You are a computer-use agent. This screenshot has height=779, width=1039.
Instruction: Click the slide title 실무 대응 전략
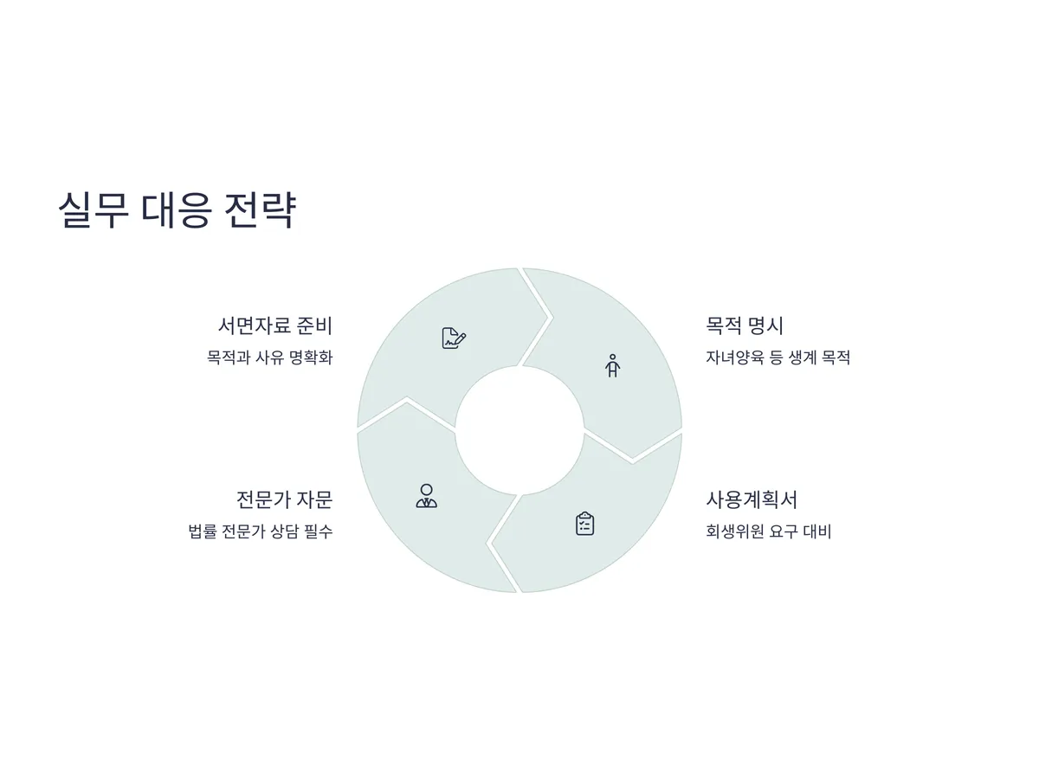coord(177,210)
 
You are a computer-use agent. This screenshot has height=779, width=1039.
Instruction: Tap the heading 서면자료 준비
coord(274,326)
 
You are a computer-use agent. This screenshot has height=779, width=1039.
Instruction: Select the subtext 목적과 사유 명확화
coord(269,357)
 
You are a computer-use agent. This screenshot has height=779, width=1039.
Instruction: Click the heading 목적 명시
coord(745,326)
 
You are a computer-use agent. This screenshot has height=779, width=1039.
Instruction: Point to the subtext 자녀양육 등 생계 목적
coord(778,357)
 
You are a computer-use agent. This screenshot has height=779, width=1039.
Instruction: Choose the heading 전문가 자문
coord(284,499)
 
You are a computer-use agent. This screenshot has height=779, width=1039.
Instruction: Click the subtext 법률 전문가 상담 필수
coord(260,531)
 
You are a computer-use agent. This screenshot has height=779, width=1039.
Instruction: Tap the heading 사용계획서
coord(752,499)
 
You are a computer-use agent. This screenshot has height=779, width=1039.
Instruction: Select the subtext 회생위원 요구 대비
coord(768,531)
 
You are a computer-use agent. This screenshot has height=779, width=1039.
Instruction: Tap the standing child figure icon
coord(613,365)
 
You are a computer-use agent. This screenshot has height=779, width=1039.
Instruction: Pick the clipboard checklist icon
coord(585,524)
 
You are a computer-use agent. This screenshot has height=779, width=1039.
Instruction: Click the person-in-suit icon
coord(426,496)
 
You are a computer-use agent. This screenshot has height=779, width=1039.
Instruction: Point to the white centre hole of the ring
coord(519,430)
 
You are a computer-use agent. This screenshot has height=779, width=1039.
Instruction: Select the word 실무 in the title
coord(93,210)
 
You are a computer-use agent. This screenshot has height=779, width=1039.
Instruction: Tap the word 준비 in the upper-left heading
coord(313,326)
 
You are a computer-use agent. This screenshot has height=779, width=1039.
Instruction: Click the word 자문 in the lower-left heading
coord(314,499)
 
